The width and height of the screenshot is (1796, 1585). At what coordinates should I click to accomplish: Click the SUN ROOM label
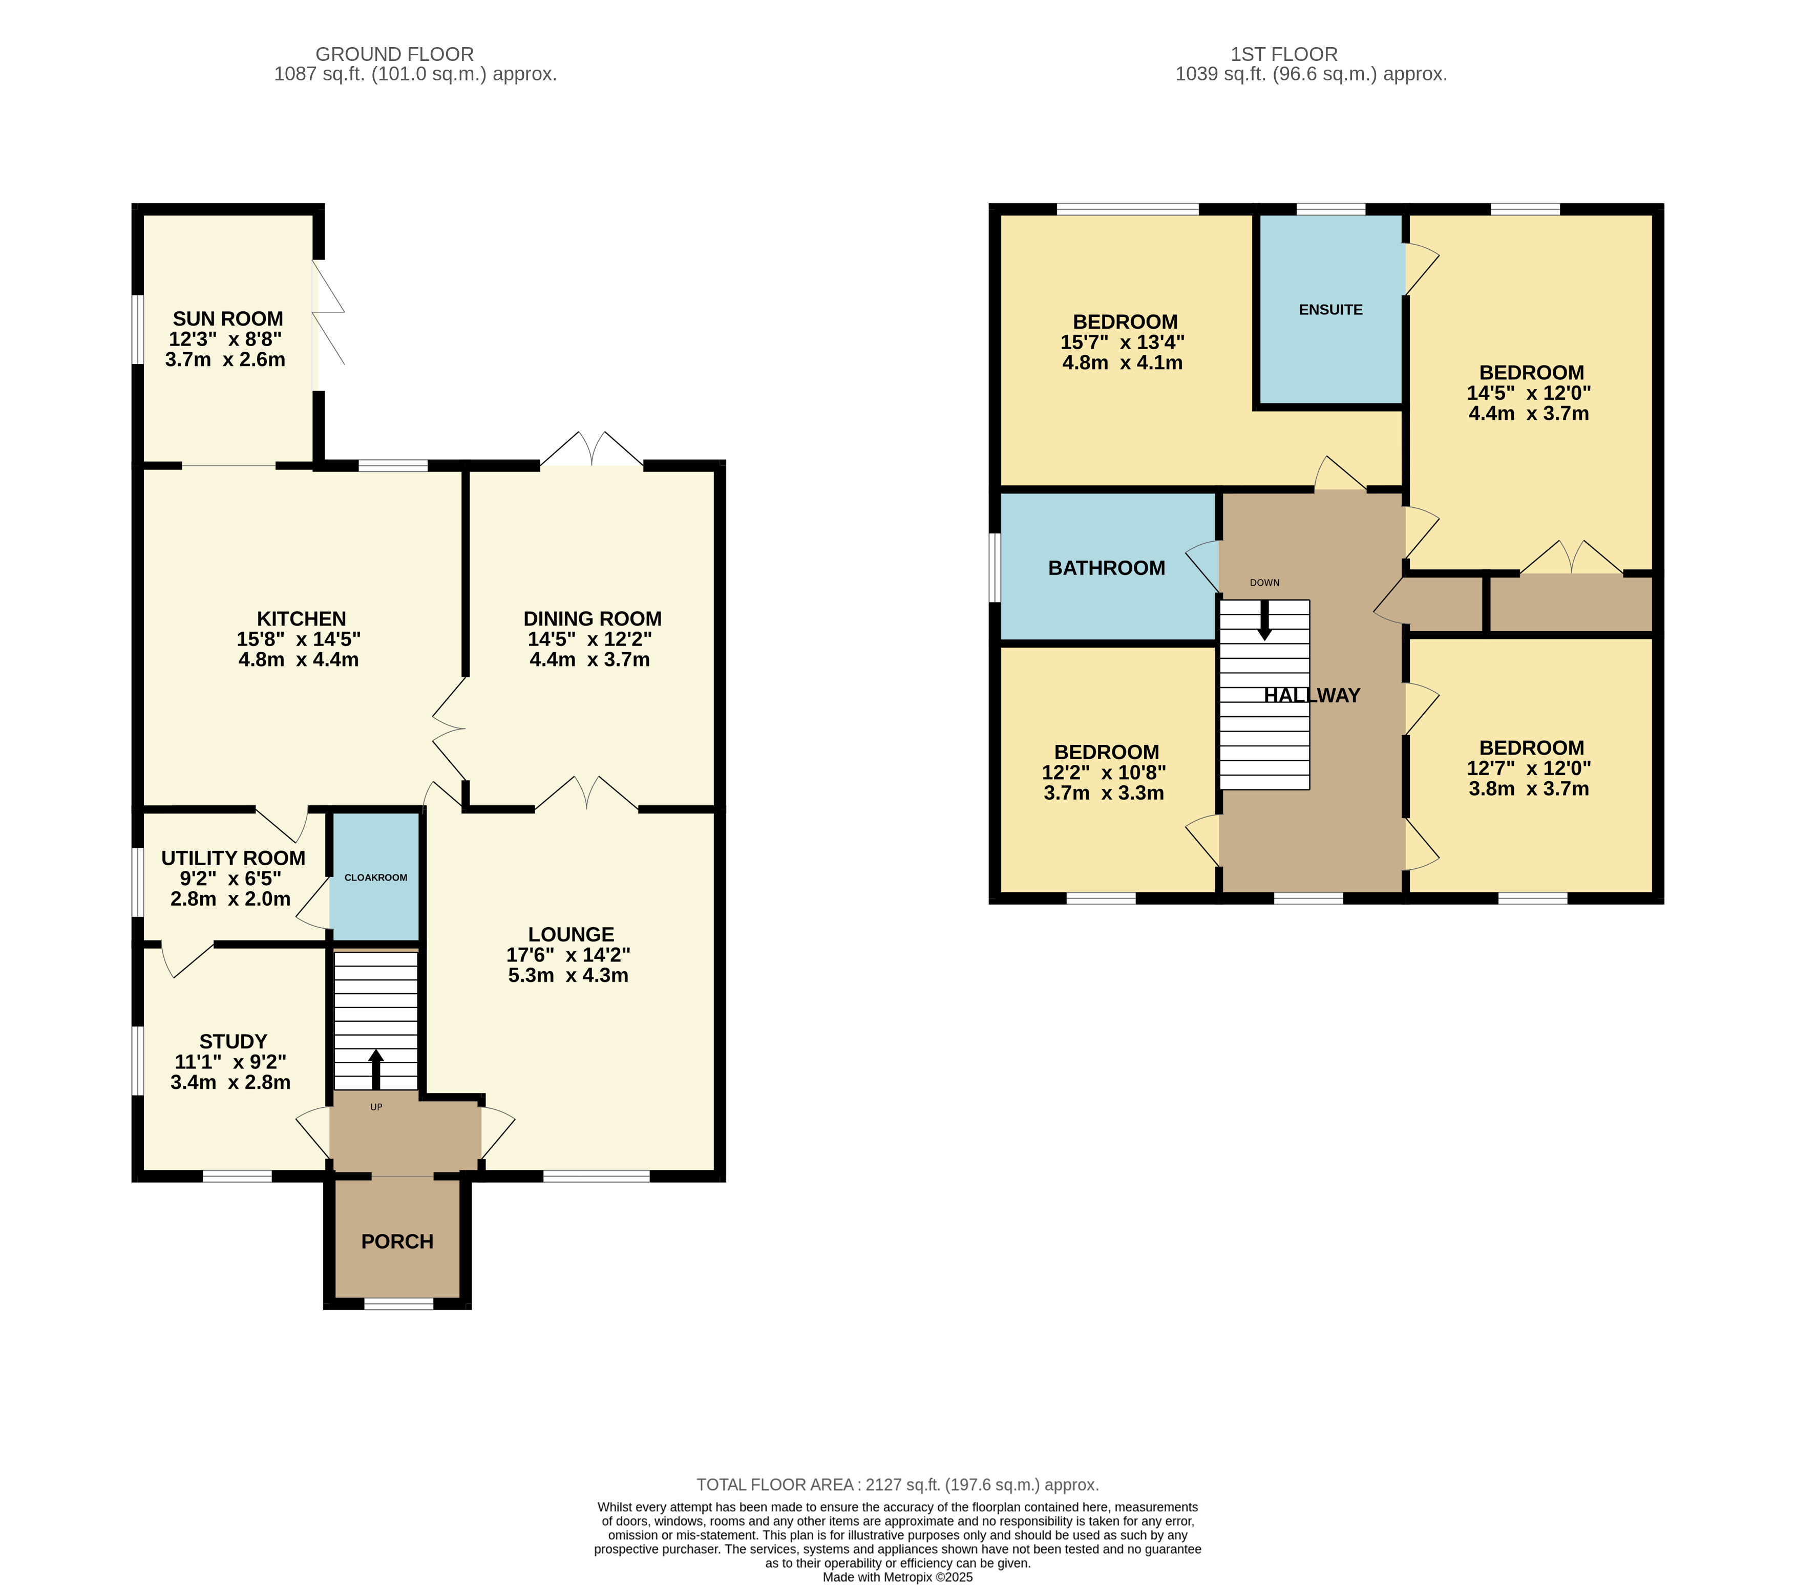click(x=227, y=319)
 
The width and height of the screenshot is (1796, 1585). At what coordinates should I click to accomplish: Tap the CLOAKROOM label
click(x=376, y=877)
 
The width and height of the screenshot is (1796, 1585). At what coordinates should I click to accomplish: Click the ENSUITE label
click(x=1330, y=309)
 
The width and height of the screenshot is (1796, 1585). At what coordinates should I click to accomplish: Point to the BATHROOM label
click(x=1106, y=568)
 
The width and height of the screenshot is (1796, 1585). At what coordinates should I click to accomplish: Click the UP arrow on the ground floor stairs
click(x=376, y=1069)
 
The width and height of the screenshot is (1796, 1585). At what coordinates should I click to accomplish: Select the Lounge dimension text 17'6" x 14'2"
click(x=568, y=955)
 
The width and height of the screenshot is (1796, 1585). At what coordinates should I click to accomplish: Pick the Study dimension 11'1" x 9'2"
click(x=230, y=1062)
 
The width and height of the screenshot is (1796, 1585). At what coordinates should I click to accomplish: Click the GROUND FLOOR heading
click(x=394, y=54)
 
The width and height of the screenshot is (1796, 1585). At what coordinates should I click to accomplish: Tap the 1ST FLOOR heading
click(x=1284, y=54)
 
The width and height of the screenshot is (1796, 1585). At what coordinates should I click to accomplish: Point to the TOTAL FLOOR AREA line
click(x=898, y=1485)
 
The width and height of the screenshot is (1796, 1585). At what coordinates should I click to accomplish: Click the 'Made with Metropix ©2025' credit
click(x=898, y=1577)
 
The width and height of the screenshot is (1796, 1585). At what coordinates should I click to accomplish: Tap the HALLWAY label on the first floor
click(x=1312, y=695)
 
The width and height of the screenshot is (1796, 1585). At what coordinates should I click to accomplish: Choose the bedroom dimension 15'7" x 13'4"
click(x=1123, y=342)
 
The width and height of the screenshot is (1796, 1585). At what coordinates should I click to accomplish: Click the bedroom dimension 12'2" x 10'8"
click(x=1105, y=773)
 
